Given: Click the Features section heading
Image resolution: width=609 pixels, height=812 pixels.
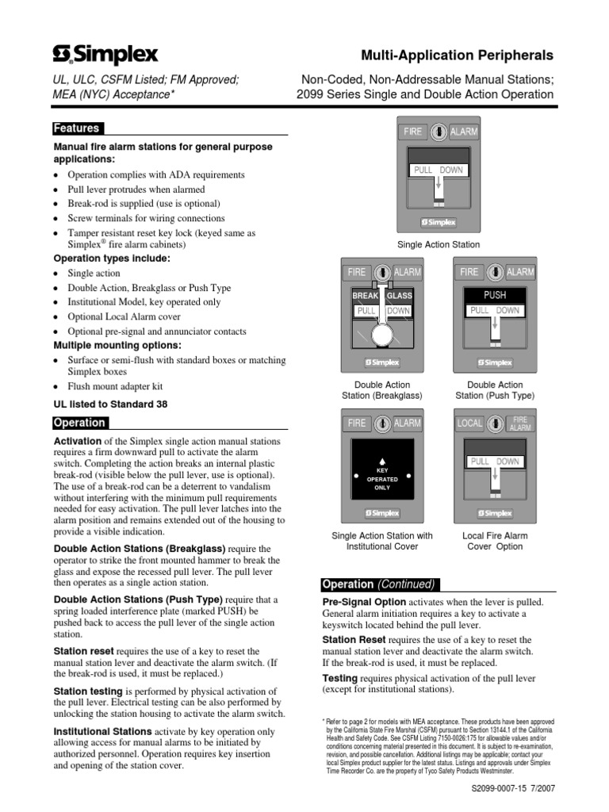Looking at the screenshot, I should [76, 128].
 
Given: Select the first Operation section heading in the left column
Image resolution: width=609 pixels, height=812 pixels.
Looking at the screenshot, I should [79, 423].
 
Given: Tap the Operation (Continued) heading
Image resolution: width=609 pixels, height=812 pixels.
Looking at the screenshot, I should [378, 584].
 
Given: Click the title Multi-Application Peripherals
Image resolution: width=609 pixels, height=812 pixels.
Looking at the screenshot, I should [457, 56].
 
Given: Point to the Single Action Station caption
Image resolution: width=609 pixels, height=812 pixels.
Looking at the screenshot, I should [439, 244].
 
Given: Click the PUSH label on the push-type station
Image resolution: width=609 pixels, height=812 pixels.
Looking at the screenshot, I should [494, 295].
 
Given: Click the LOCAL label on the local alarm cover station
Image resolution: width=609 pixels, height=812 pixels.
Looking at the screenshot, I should [469, 423].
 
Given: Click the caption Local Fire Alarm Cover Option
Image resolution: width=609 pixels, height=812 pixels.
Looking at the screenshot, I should [495, 541].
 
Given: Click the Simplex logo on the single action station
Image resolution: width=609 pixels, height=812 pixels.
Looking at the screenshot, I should [438, 221].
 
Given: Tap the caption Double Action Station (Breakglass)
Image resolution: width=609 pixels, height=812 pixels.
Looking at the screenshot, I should [381, 390].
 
